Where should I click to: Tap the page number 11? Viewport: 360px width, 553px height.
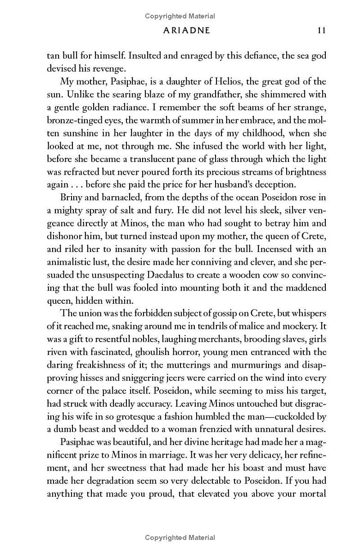[321, 31]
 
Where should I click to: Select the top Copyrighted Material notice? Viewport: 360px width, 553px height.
[180, 16]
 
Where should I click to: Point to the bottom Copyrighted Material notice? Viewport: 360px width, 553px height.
[180, 537]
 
